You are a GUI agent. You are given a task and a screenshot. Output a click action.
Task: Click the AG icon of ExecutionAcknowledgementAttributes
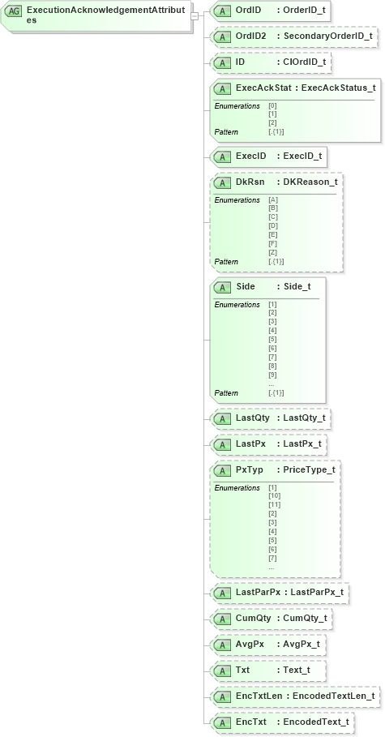pyautogui.click(x=14, y=11)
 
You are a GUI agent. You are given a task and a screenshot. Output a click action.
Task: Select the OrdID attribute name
pyautogui.click(x=247, y=11)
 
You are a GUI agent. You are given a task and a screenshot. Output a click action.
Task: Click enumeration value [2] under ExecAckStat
pyautogui.click(x=272, y=122)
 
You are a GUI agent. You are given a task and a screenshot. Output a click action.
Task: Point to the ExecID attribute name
pyautogui.click(x=250, y=156)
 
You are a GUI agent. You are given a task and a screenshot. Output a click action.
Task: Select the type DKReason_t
pyautogui.click(x=310, y=182)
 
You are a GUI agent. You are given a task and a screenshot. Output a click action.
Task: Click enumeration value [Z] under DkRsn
pyautogui.click(x=272, y=253)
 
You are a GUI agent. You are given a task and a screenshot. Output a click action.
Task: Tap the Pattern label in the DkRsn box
pyautogui.click(x=226, y=262)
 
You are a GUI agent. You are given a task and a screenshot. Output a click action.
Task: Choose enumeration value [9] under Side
pyautogui.click(x=272, y=374)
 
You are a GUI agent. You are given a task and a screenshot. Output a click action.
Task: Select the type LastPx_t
pyautogui.click(x=302, y=444)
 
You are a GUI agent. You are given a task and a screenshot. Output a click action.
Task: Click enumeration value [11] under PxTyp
pyautogui.click(x=275, y=505)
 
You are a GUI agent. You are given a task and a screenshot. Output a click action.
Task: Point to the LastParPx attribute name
pyautogui.click(x=258, y=593)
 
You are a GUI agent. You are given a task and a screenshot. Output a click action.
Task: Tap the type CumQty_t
pyautogui.click(x=305, y=619)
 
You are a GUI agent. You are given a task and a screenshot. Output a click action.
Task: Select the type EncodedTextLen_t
pyautogui.click(x=333, y=696)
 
